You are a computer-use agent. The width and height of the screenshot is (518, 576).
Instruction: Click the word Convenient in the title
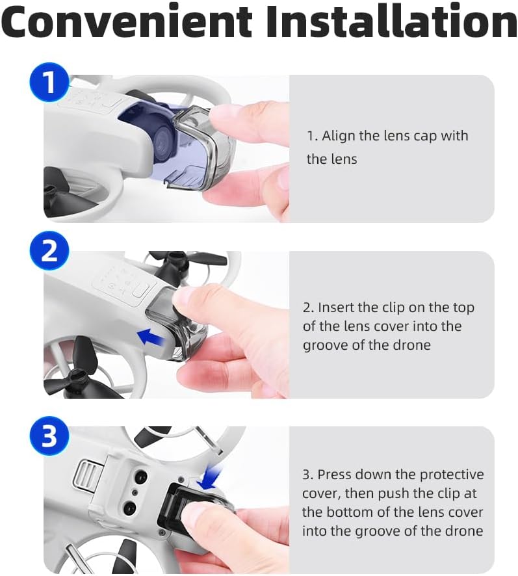[127, 21]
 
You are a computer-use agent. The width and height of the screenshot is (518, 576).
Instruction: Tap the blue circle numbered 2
[49, 250]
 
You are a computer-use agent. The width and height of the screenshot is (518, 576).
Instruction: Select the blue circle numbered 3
[49, 436]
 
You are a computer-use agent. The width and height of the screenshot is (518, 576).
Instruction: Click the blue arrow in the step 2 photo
[151, 337]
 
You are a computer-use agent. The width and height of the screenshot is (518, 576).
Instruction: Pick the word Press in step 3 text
[333, 474]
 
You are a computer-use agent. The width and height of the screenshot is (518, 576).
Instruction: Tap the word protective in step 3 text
[452, 475]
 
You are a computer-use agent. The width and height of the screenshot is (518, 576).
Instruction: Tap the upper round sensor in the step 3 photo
[140, 477]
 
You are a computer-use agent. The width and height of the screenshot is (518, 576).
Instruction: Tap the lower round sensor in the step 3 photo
[130, 508]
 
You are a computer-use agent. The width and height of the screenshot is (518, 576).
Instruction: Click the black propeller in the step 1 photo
[61, 194]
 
